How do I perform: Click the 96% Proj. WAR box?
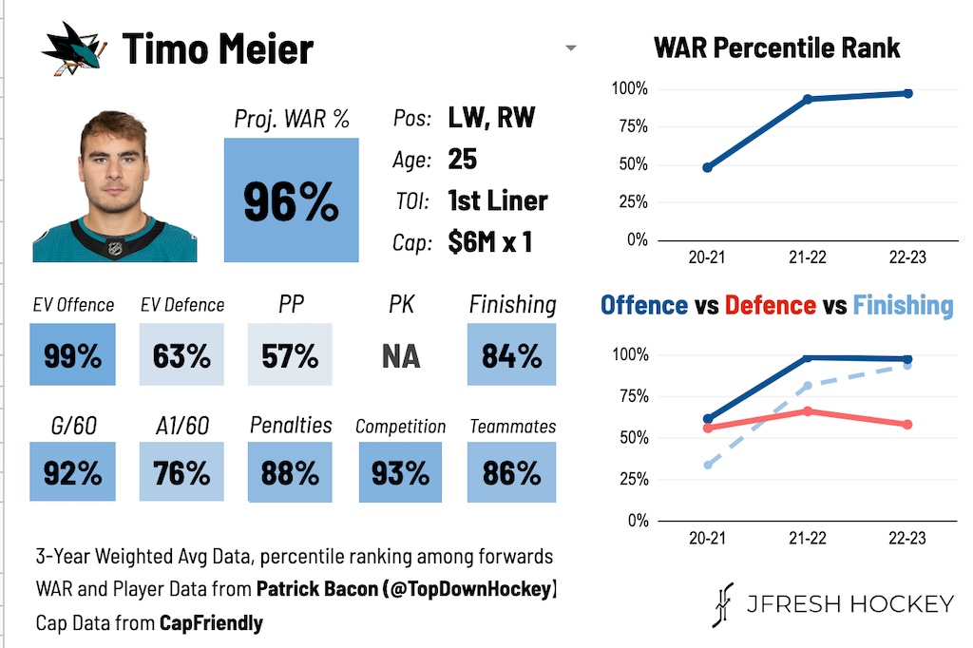point(292,200)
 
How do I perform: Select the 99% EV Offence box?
point(72,354)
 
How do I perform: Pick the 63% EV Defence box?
point(181,354)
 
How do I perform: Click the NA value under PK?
point(401,356)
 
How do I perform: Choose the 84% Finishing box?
point(511,354)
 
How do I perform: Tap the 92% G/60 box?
point(72,472)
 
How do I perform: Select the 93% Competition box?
point(400,472)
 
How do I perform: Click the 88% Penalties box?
point(290,472)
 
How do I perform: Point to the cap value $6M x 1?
point(489,241)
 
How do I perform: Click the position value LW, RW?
point(491,118)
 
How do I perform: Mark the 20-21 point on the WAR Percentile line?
point(707,167)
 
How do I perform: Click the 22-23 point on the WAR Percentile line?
point(907,93)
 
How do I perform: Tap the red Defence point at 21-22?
point(808,410)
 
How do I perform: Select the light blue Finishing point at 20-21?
point(707,465)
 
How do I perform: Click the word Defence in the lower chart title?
point(770,305)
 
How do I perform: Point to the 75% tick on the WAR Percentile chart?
point(629,126)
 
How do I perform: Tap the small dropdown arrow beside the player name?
point(570,48)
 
